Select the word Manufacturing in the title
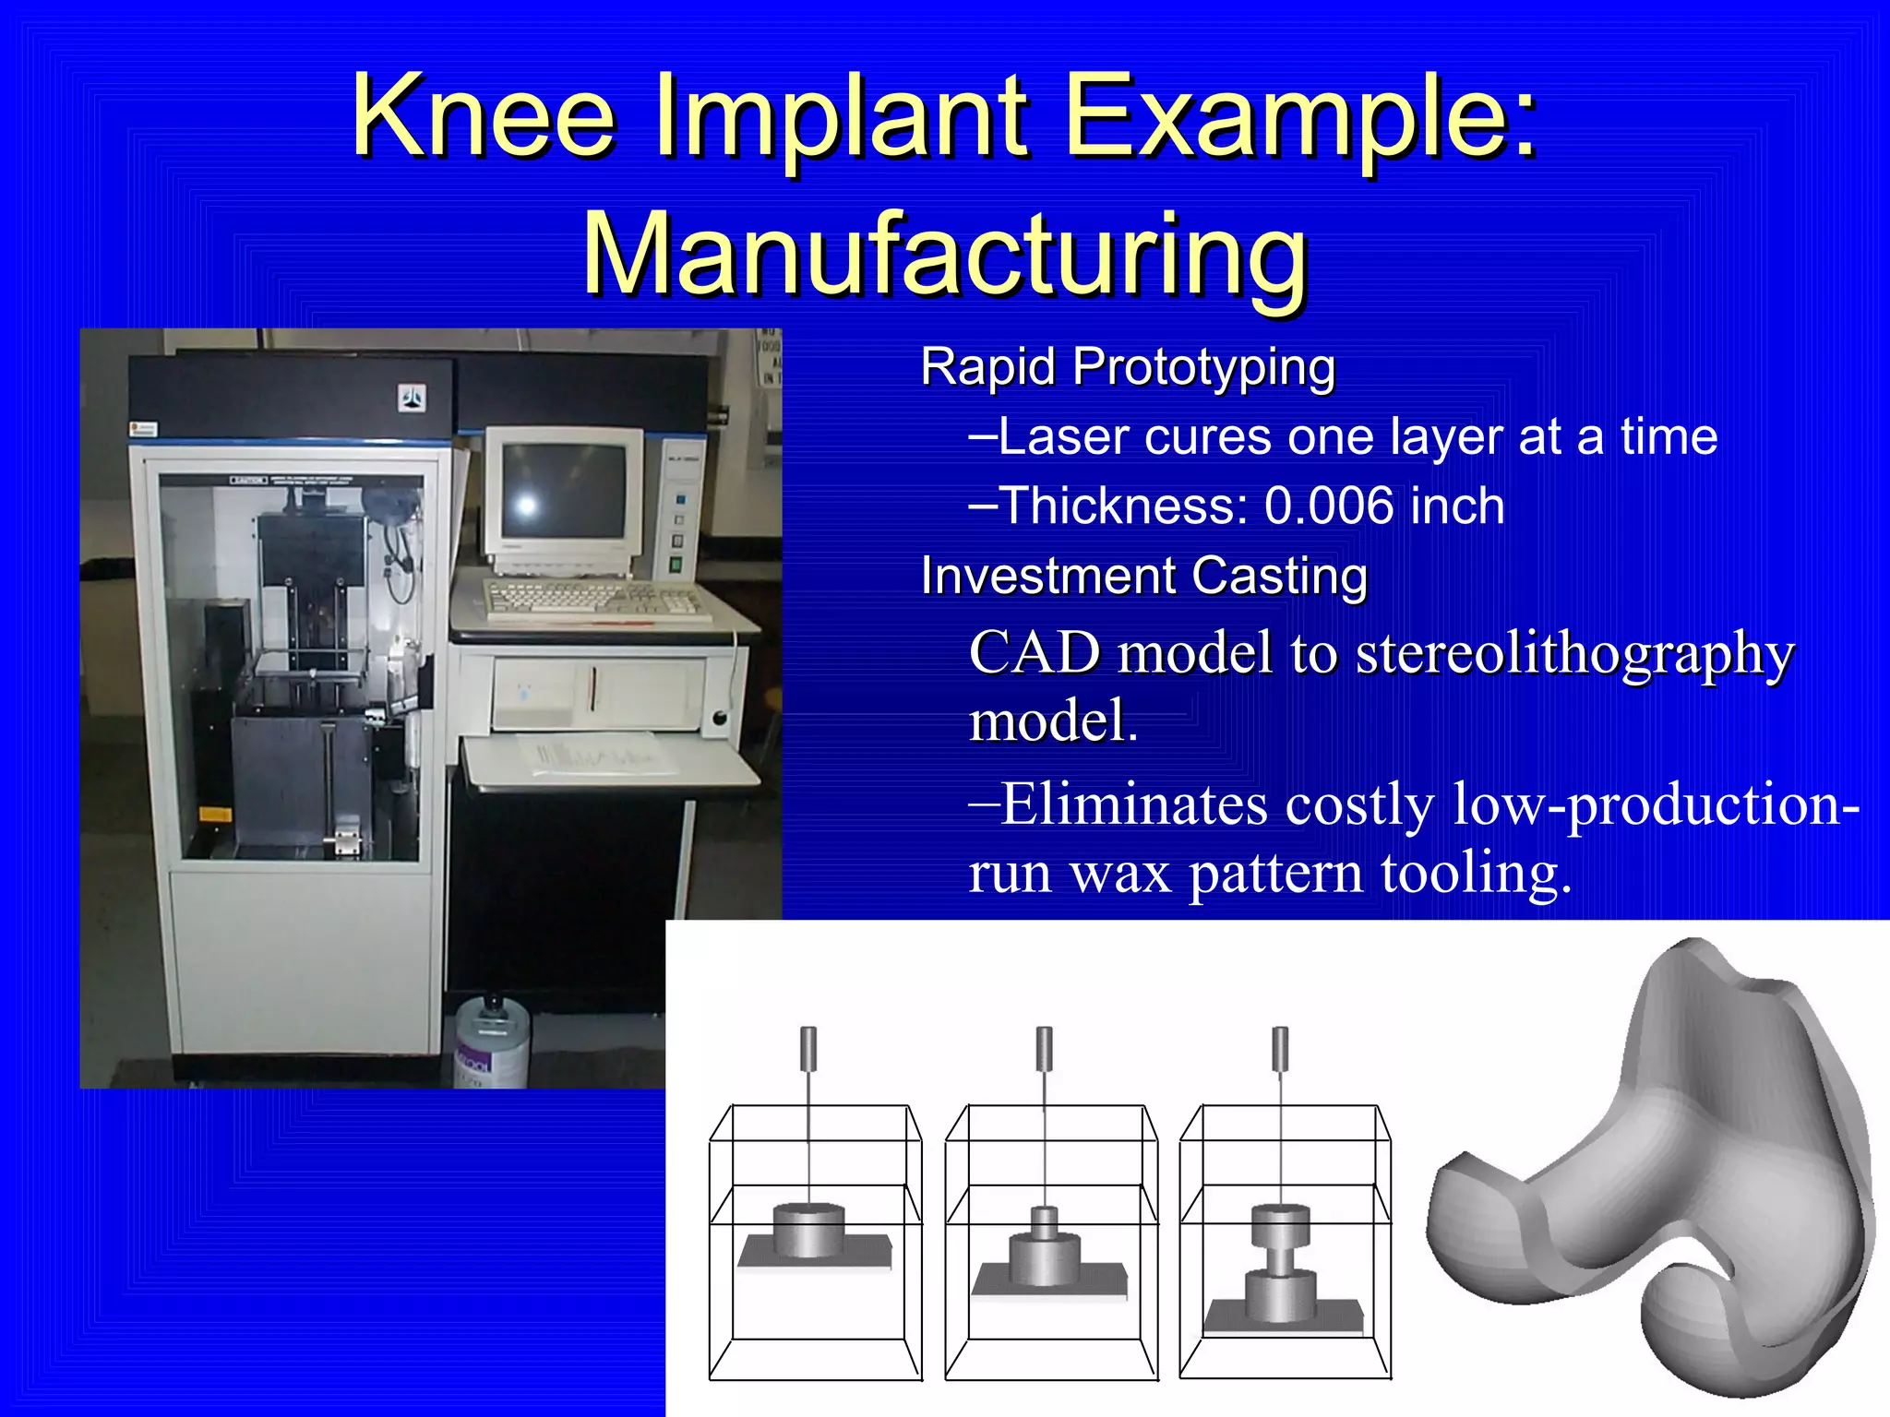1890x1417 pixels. coord(945,253)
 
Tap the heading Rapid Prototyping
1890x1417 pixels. coord(1128,367)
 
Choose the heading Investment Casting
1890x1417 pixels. coord(1143,577)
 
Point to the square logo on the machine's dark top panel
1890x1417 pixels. coord(412,399)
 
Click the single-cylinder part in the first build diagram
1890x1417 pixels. coord(808,1230)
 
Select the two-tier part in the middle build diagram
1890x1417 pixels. coord(1044,1250)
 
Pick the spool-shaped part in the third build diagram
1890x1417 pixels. coord(1280,1264)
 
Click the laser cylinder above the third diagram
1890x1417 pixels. coord(1280,1048)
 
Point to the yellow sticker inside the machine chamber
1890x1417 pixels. coord(215,815)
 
